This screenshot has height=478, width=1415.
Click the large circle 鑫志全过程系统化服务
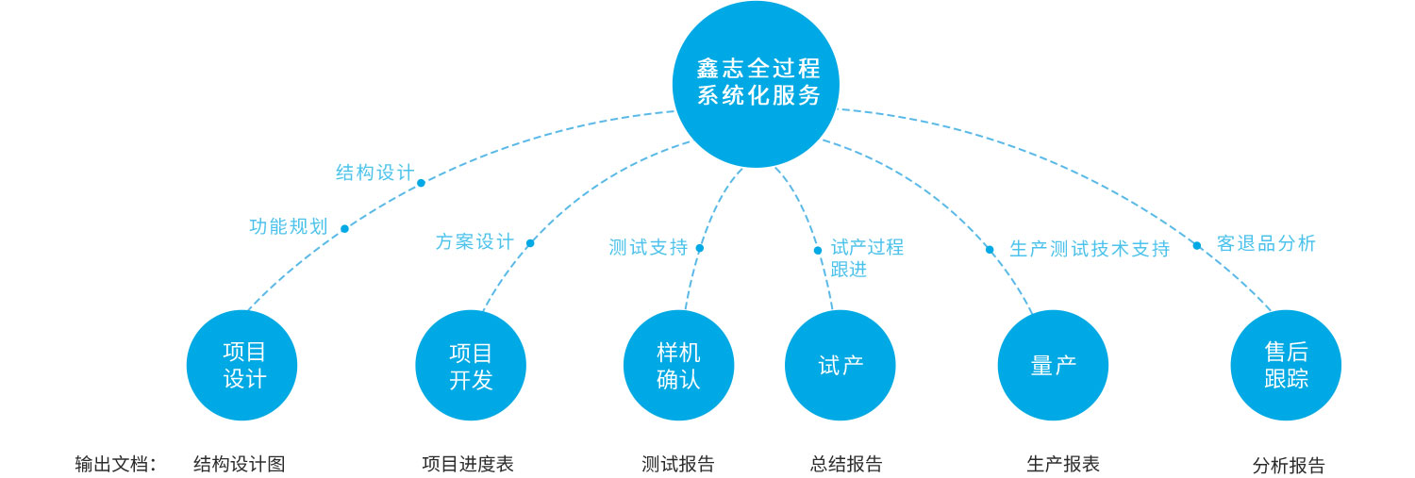756,83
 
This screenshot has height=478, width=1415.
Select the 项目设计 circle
242,366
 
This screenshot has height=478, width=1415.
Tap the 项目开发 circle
471,366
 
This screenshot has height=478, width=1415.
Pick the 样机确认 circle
679,366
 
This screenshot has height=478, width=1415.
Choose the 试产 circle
841,366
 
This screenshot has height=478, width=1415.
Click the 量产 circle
1053,366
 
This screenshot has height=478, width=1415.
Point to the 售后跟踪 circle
1286,366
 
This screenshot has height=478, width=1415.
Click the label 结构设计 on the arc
375,173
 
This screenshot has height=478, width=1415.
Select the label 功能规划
288,227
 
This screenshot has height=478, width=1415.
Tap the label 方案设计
474,242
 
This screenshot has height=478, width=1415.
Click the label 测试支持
648,248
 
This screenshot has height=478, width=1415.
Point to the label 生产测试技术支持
1090,250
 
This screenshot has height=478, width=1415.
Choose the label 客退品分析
1266,243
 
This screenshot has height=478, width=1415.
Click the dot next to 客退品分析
1197,246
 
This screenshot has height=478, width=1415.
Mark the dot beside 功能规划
344,229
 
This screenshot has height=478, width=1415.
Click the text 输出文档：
116,464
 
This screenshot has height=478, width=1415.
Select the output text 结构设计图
239,464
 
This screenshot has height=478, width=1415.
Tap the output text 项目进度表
468,464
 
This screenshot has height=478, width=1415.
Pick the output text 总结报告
846,464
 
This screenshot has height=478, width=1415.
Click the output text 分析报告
1289,466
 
